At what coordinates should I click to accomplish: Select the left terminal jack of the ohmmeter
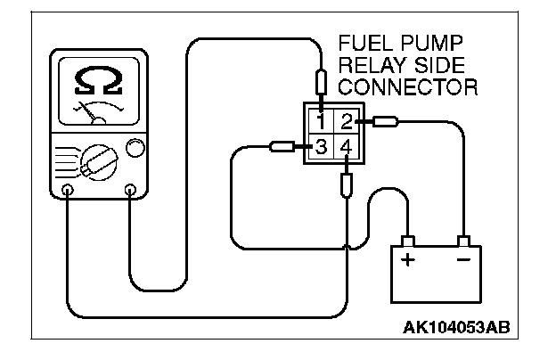click(69, 189)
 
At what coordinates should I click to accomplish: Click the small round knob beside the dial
click(136, 148)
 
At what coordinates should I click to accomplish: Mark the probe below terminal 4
click(346, 184)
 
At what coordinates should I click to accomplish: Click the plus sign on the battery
click(408, 260)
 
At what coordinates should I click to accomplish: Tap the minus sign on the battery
click(462, 260)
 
